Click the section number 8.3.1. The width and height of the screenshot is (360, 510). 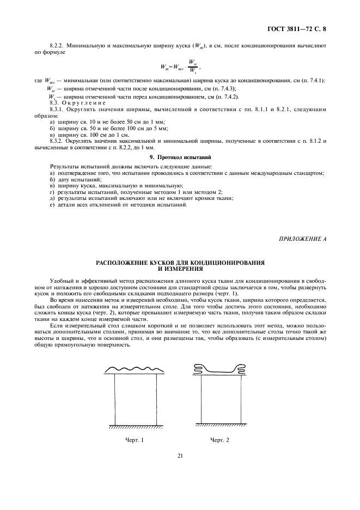(58, 110)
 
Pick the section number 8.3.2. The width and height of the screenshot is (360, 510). (58, 141)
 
